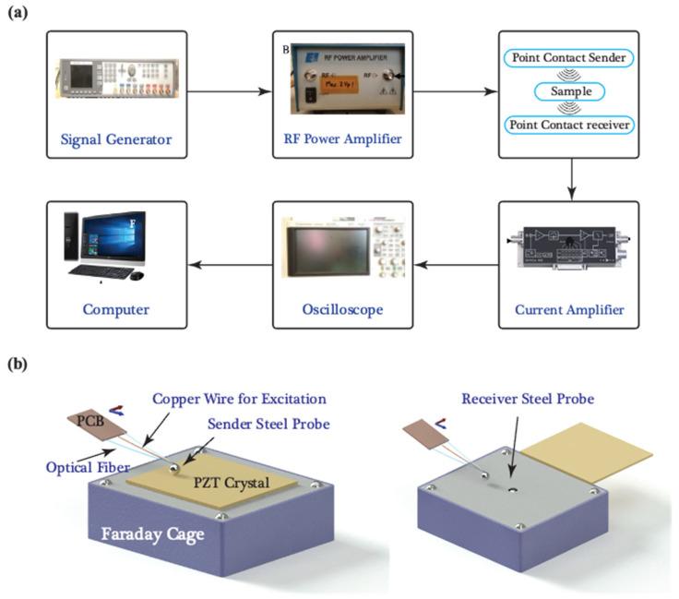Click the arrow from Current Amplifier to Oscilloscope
tap(456, 266)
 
